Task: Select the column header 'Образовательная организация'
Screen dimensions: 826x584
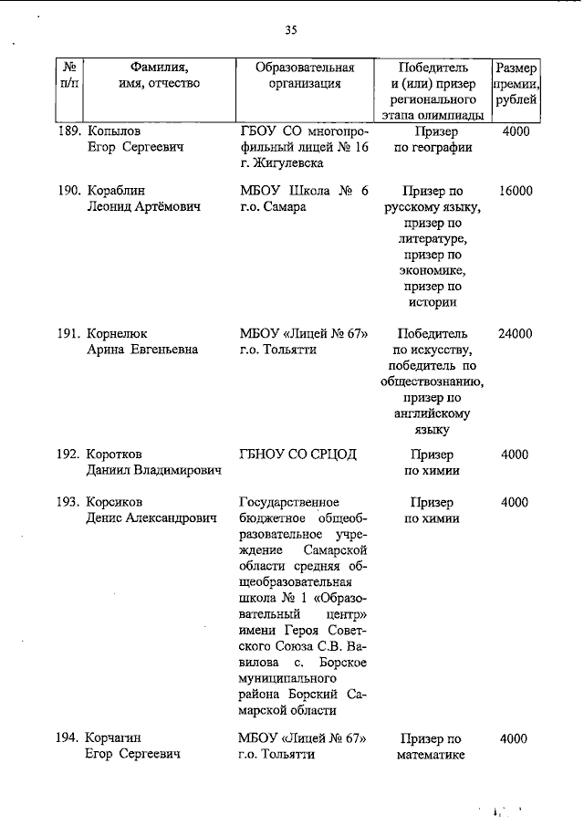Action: tap(305, 76)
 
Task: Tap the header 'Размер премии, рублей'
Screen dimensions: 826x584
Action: tap(516, 83)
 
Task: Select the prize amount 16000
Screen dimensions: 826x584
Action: tap(516, 191)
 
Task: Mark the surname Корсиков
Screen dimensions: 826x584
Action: tap(116, 502)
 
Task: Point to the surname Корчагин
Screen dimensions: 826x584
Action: tap(115, 738)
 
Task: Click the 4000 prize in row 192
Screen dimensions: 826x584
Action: tap(516, 454)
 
